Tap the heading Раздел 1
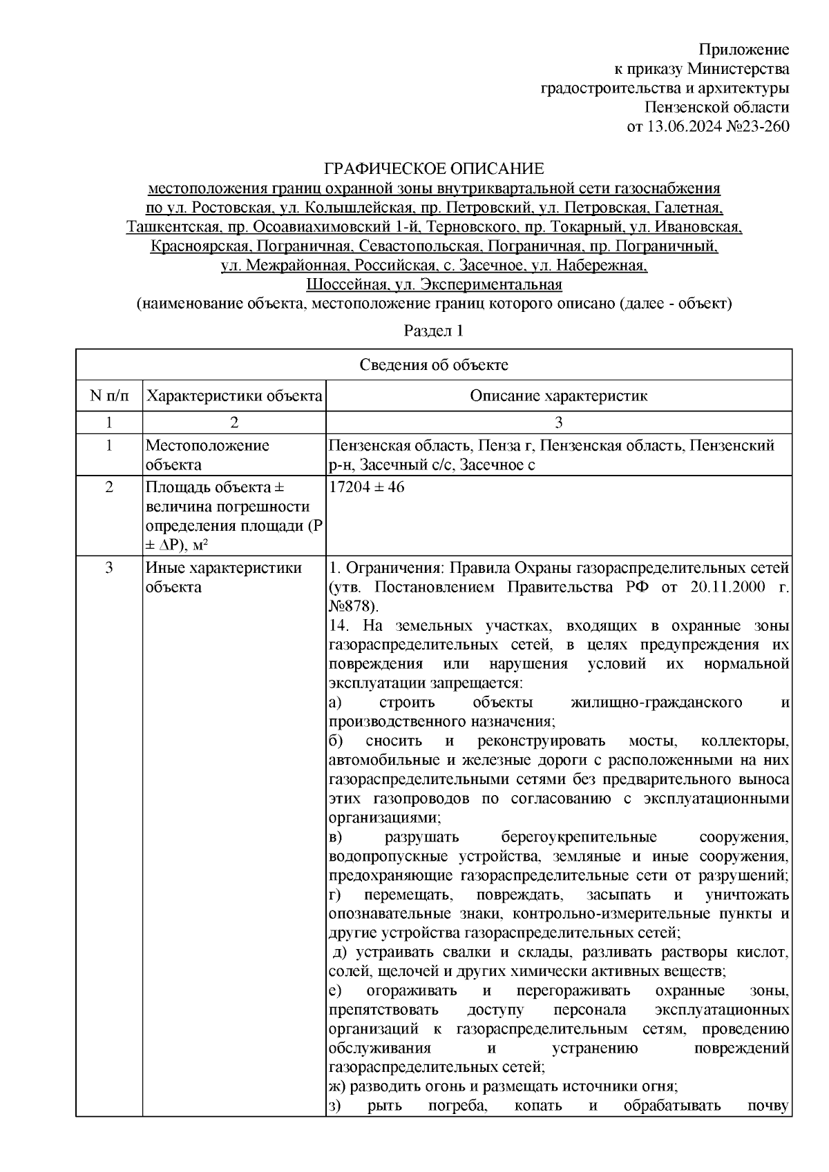[x=433, y=331]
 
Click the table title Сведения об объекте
[x=433, y=365]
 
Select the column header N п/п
[x=108, y=396]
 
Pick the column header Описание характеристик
[x=558, y=396]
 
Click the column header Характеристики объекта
[x=235, y=396]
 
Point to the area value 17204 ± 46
[x=367, y=487]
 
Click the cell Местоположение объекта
[x=207, y=455]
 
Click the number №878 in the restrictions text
[x=351, y=606]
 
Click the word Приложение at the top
[x=744, y=49]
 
